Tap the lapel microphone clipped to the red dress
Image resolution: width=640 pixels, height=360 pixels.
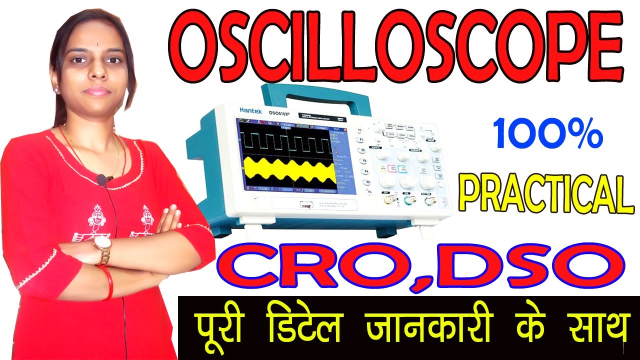pos(102,179)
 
